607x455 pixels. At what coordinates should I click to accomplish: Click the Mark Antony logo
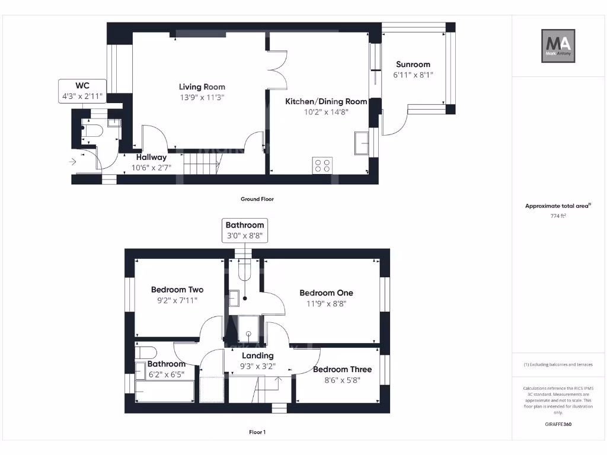(558, 46)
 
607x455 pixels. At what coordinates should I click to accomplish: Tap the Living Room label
(202, 87)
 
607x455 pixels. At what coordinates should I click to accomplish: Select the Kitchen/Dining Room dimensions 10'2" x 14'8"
(326, 112)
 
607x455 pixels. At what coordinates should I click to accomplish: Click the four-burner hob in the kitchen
(323, 166)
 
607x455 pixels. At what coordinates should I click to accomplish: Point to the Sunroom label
(413, 65)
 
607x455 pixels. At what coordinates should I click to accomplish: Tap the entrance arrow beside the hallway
(73, 161)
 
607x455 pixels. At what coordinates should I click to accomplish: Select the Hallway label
(151, 158)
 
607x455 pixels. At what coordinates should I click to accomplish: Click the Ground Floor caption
(257, 199)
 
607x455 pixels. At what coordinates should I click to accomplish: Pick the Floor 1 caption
(257, 432)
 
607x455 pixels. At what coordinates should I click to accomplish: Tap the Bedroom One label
(326, 293)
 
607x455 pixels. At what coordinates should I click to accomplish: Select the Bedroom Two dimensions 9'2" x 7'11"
(177, 300)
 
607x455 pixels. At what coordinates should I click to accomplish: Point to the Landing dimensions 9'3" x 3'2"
(257, 366)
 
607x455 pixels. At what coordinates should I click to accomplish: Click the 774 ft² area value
(558, 216)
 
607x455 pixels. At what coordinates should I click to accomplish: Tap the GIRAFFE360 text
(558, 424)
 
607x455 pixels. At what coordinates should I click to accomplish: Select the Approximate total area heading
(558, 206)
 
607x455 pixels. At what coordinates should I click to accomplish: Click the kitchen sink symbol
(360, 143)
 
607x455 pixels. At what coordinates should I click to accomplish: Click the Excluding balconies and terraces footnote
(558, 364)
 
